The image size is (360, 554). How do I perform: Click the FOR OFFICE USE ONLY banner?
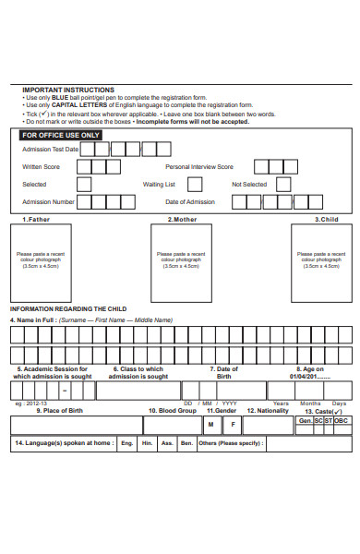(x=61, y=135)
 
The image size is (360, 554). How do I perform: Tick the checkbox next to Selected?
(x=84, y=185)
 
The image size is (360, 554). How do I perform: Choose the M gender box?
(x=210, y=425)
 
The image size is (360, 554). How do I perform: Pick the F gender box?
(x=233, y=425)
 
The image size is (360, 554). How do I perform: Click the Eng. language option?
(x=126, y=443)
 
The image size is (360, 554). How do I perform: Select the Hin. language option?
(x=148, y=443)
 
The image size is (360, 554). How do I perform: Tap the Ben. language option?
(x=187, y=443)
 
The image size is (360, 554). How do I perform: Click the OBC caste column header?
(x=342, y=420)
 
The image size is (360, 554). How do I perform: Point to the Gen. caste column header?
(x=306, y=420)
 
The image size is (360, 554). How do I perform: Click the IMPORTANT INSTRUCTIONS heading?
(x=67, y=90)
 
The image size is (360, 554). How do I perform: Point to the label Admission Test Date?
(x=50, y=149)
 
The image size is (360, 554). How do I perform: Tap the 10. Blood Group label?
(x=173, y=410)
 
